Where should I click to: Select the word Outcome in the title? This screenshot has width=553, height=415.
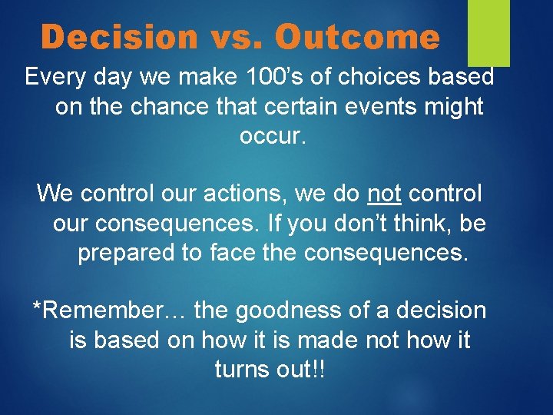point(357,37)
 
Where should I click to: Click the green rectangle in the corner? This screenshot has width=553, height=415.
point(489,32)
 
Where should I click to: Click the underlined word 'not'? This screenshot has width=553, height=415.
point(384,193)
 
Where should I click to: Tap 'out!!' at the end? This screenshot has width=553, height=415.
point(303,369)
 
